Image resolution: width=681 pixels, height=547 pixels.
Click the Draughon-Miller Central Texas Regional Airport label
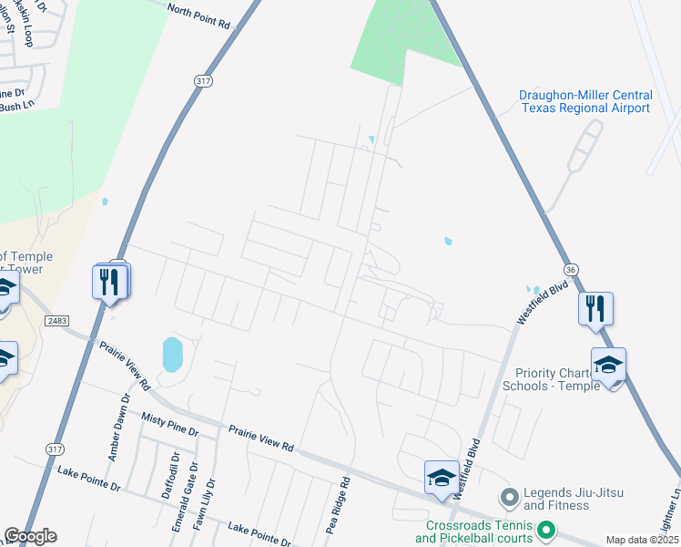(x=584, y=101)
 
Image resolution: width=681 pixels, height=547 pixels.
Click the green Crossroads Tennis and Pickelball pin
(x=546, y=529)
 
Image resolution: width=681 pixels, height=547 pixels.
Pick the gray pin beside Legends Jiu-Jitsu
(x=509, y=498)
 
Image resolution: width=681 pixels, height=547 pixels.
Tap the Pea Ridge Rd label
(x=338, y=507)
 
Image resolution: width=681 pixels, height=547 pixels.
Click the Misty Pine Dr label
(x=170, y=422)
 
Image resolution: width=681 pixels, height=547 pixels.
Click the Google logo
(x=30, y=536)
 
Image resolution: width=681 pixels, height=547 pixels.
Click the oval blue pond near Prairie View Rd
(x=172, y=355)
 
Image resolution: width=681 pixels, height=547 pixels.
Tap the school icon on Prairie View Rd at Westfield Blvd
(x=442, y=477)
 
